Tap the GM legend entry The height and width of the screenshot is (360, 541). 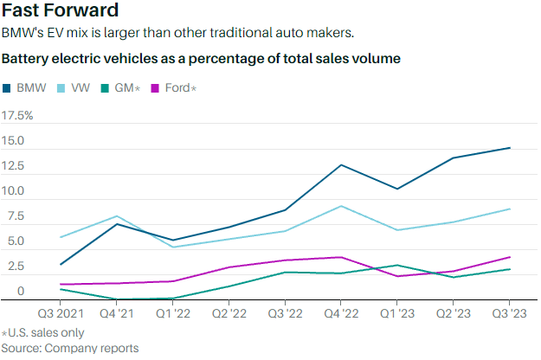click(122, 88)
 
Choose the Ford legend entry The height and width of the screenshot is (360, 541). click(178, 88)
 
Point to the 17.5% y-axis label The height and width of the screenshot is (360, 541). click(18, 115)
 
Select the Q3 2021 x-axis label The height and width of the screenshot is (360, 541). click(60, 312)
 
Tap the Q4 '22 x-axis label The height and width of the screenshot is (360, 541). click(342, 312)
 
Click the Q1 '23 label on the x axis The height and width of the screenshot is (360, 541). click(397, 312)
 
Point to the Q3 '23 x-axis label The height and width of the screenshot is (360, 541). click(510, 312)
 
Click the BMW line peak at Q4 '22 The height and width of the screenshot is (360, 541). click(341, 164)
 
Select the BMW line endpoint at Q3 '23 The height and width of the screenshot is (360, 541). click(510, 148)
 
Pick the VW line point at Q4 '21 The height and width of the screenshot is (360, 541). click(116, 216)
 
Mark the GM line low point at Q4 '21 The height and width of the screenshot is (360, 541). click(116, 299)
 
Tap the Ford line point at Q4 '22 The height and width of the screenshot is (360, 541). click(341, 257)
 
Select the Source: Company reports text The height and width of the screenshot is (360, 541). click(69, 348)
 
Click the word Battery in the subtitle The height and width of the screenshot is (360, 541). click(26, 60)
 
